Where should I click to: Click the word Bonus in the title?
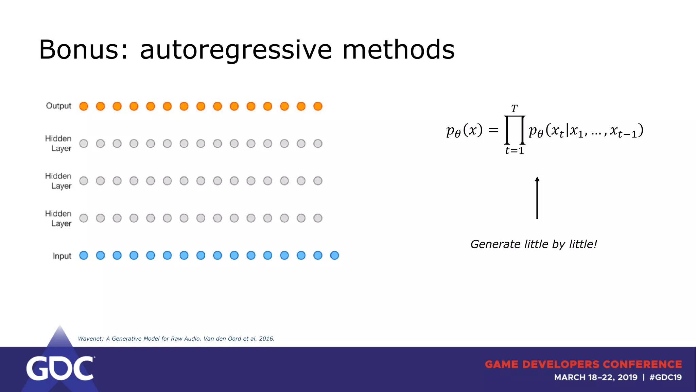coord(83,50)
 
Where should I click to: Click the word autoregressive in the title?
coord(236,50)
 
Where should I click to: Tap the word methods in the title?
coord(398,50)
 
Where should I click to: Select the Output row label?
coord(58,106)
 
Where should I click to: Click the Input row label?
coord(62,256)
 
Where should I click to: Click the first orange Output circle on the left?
coord(84,107)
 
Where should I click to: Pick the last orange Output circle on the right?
coord(318,107)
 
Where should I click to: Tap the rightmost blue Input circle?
coord(334,256)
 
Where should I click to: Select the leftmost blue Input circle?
coord(84,256)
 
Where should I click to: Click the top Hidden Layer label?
coord(58,143)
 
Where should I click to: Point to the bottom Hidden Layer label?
coord(58,218)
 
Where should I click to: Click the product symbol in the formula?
coord(515,130)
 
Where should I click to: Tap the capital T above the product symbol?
coord(514,109)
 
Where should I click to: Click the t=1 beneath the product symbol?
coord(515,150)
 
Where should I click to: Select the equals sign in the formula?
coord(493,130)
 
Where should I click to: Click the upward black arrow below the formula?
coord(537,198)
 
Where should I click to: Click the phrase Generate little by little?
coord(534,244)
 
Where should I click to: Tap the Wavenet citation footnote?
coord(176,339)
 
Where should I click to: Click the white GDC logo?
coord(60,368)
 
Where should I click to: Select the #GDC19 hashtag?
coord(665,377)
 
